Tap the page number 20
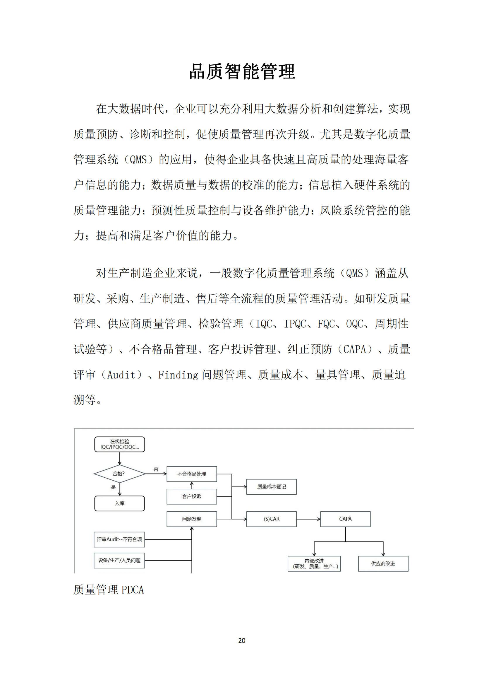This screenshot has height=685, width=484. tap(242, 640)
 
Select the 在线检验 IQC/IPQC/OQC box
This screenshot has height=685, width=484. tap(119, 444)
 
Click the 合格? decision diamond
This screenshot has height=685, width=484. tap(119, 474)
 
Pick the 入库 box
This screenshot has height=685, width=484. tap(119, 503)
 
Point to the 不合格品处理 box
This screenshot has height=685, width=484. tap(192, 474)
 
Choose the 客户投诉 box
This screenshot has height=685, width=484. tap(192, 496)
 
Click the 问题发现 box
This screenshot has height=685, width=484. tap(192, 519)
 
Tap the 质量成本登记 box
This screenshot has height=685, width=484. tap(272, 487)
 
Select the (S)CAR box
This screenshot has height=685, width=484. tap(272, 519)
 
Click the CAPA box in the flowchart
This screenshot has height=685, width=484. tap(345, 519)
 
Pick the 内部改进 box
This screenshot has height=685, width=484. tap(314, 563)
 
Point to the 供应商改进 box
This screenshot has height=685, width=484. tap(383, 563)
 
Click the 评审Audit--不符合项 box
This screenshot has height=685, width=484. tap(119, 539)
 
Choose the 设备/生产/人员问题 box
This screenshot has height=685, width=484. tap(119, 560)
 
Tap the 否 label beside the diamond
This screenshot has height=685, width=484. tap(156, 469)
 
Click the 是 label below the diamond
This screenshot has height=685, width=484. tap(113, 487)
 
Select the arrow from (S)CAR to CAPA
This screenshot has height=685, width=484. tap(308, 519)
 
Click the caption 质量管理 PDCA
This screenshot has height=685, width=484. tap(109, 590)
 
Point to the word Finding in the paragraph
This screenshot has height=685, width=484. tap(178, 375)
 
